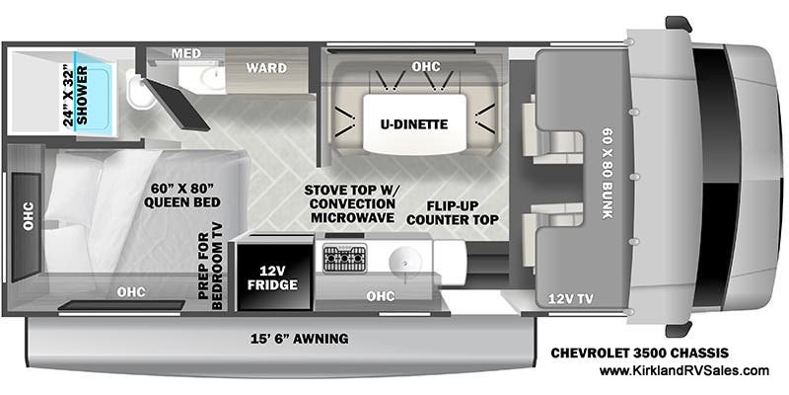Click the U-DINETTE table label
point(415,124)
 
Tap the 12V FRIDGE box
point(272,276)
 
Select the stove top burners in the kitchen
point(344,259)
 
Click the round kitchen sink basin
point(405,263)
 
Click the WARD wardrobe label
point(266,68)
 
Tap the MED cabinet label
point(186,53)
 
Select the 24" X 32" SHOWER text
point(76,96)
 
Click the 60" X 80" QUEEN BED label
point(182,196)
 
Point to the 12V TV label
point(572,299)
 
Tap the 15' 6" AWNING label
point(300,339)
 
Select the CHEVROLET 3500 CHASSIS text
point(639,353)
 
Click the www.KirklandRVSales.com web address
point(683,371)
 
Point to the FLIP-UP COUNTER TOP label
point(463,213)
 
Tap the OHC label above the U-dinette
point(425,66)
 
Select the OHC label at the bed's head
point(28,216)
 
